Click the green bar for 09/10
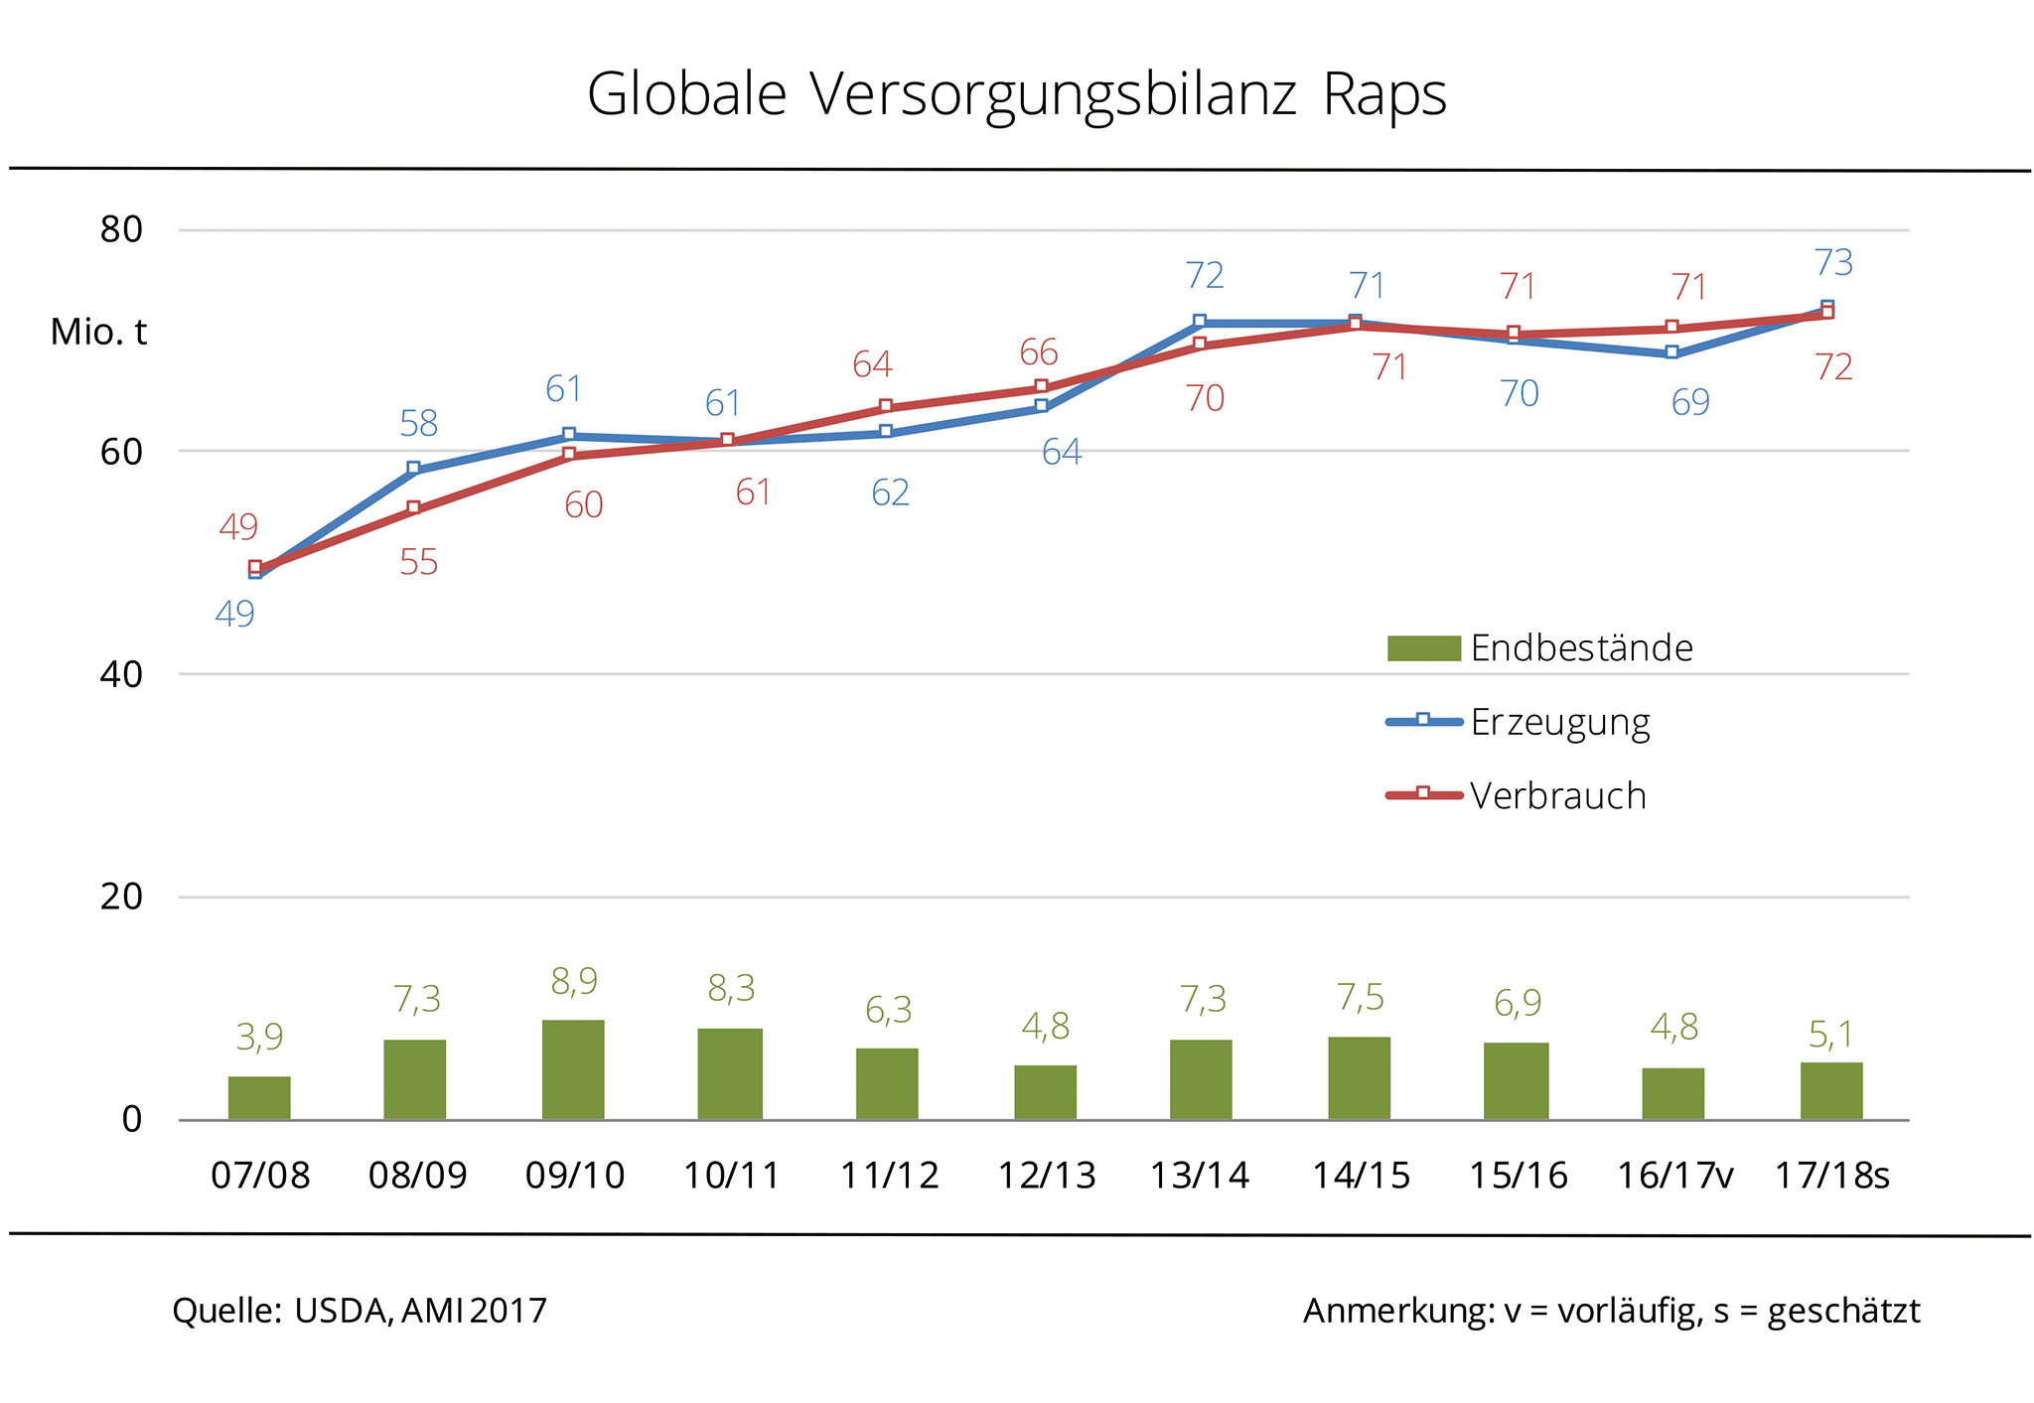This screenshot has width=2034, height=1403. tap(573, 1069)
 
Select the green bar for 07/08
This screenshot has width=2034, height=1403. tap(259, 1097)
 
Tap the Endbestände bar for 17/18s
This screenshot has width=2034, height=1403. tap(1830, 1090)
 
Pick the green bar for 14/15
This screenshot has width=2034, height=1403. tap(1359, 1077)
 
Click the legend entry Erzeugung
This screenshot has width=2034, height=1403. tap(1559, 722)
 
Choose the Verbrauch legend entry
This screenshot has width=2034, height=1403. tap(1557, 795)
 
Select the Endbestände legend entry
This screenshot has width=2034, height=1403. tap(1581, 647)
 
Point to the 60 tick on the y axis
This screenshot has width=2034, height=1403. tap(121, 452)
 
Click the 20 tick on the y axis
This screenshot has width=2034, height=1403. tap(121, 897)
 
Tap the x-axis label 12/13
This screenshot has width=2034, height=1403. tap(1046, 1176)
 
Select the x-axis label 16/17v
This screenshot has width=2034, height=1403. tap(1674, 1176)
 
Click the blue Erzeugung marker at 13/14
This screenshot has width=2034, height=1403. tap(1200, 322)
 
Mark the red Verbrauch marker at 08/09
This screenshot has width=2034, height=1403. tap(414, 508)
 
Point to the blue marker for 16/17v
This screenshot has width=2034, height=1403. tap(1672, 352)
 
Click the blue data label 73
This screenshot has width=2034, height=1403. tap(1833, 262)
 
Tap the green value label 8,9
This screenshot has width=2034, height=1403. tap(574, 981)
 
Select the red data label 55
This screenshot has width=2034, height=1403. tap(418, 562)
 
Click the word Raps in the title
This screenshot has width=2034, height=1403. tap(1383, 95)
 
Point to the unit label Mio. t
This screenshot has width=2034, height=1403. tap(98, 332)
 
